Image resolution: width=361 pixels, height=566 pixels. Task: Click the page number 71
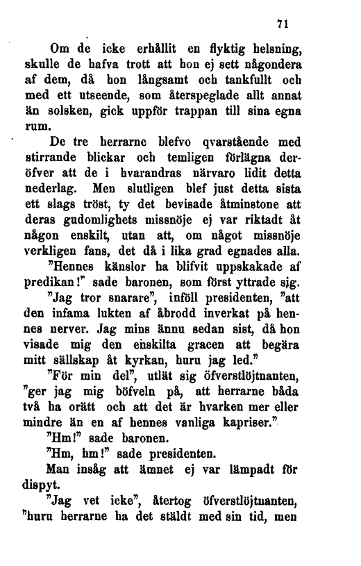click(x=282, y=24)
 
